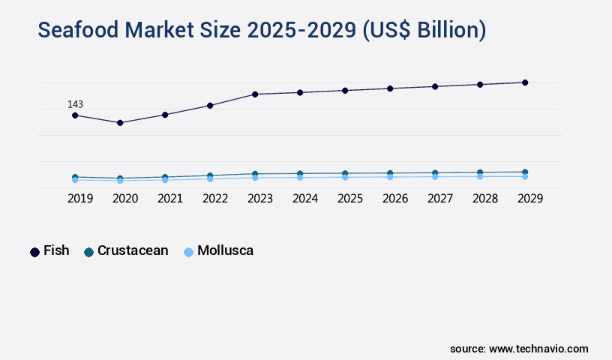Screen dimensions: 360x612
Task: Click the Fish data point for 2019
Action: [x=75, y=115]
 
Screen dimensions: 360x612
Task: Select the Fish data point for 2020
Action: [x=120, y=122]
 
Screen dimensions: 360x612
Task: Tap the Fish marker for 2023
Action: [x=255, y=94]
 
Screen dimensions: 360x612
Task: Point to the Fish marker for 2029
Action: [x=525, y=82]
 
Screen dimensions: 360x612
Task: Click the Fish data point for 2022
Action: [x=210, y=106]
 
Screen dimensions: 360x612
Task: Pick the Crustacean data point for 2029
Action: [x=525, y=172]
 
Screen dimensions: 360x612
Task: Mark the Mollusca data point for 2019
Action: [x=75, y=180]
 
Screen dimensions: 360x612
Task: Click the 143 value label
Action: [x=75, y=104]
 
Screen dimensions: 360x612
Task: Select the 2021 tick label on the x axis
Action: [x=170, y=199]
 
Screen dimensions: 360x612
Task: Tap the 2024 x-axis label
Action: [x=305, y=199]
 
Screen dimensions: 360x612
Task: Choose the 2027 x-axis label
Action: [x=440, y=199]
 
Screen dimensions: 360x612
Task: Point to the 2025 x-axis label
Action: [x=350, y=199]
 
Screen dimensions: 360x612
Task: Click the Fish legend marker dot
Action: [x=34, y=252]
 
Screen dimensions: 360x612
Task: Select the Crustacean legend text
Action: [x=133, y=251]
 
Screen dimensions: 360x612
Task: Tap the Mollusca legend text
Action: [x=225, y=251]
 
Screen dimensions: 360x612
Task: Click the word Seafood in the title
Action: [x=82, y=31]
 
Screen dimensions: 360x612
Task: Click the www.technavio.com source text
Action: [x=538, y=349]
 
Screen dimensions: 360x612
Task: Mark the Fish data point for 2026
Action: [x=390, y=88]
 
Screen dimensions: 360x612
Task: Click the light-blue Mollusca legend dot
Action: [x=189, y=252]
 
